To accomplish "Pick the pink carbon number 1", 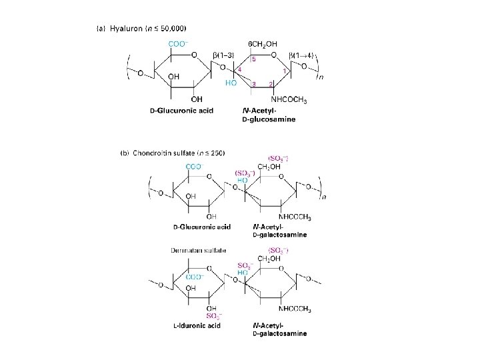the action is point(285,71).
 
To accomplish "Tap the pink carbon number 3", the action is point(254,84).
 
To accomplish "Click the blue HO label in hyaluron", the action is point(231,84).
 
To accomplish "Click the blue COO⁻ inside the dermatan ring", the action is point(195,277).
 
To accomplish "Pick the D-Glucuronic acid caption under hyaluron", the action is point(181,111).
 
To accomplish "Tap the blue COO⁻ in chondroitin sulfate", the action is point(194,167).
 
